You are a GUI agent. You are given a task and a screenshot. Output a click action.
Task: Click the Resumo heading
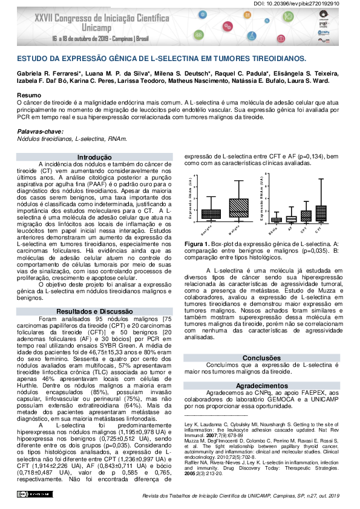point(28,96)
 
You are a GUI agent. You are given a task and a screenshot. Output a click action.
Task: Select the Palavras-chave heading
point(39,131)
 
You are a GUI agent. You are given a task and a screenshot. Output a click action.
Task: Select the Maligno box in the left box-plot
point(239,207)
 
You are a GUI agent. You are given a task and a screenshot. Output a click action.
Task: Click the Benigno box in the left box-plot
point(211,213)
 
